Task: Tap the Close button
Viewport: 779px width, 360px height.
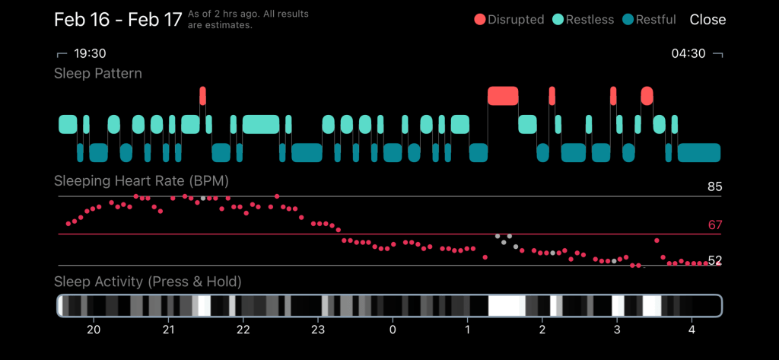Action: (707, 20)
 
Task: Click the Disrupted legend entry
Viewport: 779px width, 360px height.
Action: (509, 20)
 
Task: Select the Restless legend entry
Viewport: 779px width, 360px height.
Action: (583, 20)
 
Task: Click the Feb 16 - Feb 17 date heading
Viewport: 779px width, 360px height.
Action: (118, 20)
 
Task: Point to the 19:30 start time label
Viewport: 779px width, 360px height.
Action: (88, 54)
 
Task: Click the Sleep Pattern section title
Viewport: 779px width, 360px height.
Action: (98, 74)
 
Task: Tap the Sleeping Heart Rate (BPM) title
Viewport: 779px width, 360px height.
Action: (141, 181)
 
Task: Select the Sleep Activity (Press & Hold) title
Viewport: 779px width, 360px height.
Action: (148, 282)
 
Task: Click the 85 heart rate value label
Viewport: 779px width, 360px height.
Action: (714, 187)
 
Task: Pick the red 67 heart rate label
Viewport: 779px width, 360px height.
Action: (714, 225)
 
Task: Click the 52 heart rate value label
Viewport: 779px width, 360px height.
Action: (714, 260)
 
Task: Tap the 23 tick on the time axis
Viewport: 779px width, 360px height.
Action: (318, 330)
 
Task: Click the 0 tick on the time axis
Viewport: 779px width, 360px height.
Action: (393, 330)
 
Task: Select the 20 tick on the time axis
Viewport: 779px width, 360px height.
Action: (94, 330)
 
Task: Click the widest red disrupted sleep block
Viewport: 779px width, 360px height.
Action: (503, 96)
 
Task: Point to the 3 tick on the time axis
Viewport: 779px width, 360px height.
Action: (617, 330)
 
